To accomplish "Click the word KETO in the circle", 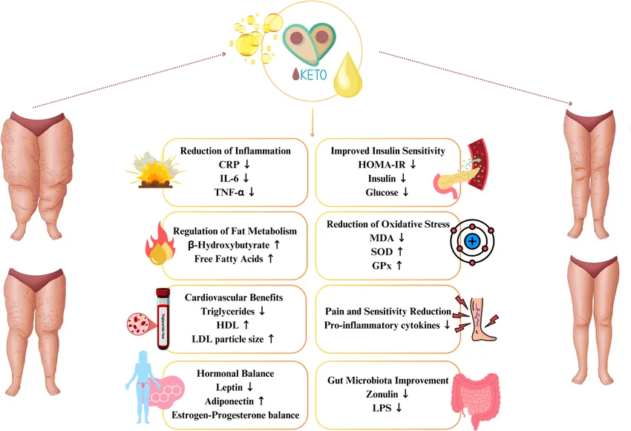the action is pyautogui.click(x=313, y=75).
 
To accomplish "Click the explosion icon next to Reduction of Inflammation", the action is pyautogui.click(x=155, y=170).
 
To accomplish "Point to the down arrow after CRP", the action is pyautogui.click(x=247, y=164).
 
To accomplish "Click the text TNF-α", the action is pyautogui.click(x=229, y=192).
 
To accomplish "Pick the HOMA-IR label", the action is pyautogui.click(x=382, y=165).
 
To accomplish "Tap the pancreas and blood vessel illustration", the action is pyautogui.click(x=461, y=169).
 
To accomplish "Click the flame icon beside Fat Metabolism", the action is pyautogui.click(x=160, y=243).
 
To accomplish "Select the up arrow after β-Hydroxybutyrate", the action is pyautogui.click(x=277, y=245).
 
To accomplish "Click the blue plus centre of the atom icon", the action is pyautogui.click(x=472, y=242).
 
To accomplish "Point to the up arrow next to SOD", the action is pyautogui.click(x=400, y=251).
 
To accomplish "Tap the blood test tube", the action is pyautogui.click(x=163, y=318).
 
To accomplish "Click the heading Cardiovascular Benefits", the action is pyautogui.click(x=234, y=297).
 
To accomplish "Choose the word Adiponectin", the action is pyautogui.click(x=229, y=401).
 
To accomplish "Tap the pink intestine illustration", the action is pyautogui.click(x=475, y=399).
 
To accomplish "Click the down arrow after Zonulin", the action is pyautogui.click(x=405, y=394).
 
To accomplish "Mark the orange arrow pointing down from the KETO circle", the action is pyautogui.click(x=313, y=122).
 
